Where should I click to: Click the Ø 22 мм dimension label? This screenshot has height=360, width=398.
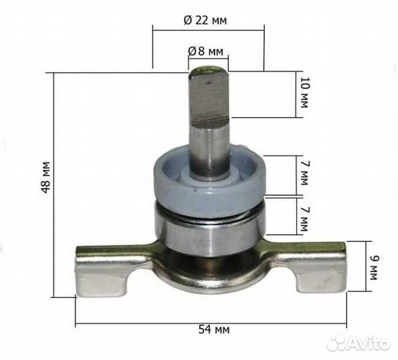(x=205, y=20)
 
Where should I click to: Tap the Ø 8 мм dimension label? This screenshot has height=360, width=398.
(x=205, y=51)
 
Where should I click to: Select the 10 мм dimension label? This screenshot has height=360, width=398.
(x=305, y=92)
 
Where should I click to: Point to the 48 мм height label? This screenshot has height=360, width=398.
(x=47, y=177)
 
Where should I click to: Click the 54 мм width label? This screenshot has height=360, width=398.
(x=214, y=330)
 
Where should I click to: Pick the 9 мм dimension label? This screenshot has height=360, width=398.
(x=374, y=268)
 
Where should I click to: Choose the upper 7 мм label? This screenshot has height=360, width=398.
(x=305, y=173)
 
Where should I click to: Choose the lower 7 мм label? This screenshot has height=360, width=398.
(x=305, y=219)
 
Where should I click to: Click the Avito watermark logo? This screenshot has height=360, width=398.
(x=359, y=344)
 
